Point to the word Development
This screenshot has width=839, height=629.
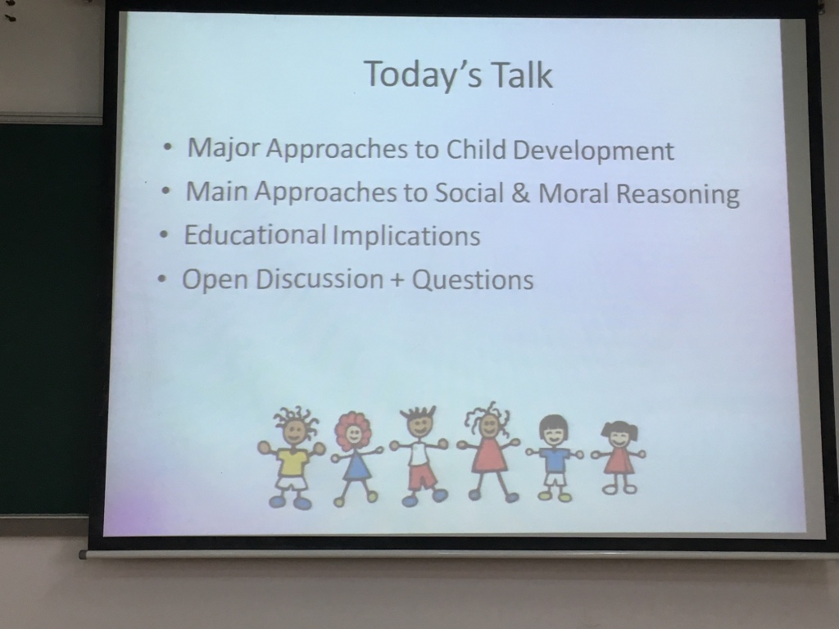pyautogui.click(x=593, y=152)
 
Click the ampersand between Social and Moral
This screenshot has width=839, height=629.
pyautogui.click(x=520, y=193)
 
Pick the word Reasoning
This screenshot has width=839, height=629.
pyautogui.click(x=678, y=195)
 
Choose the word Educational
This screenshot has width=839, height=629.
pyautogui.click(x=255, y=234)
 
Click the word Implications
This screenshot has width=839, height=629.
pyautogui.click(x=406, y=237)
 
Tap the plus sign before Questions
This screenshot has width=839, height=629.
pyautogui.click(x=397, y=280)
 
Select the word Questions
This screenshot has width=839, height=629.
pyautogui.click(x=473, y=279)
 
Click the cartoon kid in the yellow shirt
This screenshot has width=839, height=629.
pyautogui.click(x=292, y=458)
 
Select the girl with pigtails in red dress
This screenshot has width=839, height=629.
pyautogui.click(x=619, y=458)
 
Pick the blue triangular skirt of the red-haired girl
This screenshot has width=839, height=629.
pyautogui.click(x=357, y=468)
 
